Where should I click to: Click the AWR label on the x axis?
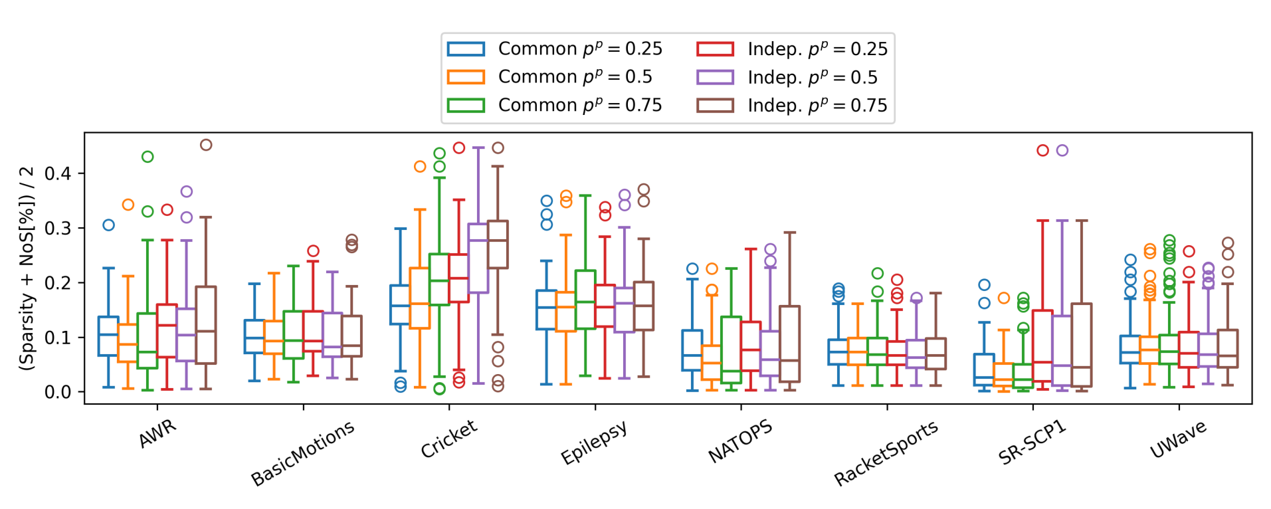[x=157, y=434]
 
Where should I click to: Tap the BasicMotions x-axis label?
[x=302, y=453]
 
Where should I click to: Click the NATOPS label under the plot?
[x=740, y=441]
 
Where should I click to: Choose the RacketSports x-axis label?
[x=886, y=453]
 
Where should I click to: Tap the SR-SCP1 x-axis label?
[x=1032, y=443]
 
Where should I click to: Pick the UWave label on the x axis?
[x=1178, y=439]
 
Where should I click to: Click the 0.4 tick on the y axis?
[x=57, y=173]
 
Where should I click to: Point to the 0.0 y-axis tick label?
[x=57, y=392]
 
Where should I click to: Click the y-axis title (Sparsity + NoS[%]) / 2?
[x=27, y=268]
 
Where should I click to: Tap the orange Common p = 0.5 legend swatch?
[x=466, y=77]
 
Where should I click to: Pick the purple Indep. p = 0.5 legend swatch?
[x=715, y=77]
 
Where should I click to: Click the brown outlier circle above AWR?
[x=206, y=145]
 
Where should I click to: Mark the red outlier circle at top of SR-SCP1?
[x=1042, y=150]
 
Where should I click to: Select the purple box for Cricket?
[x=478, y=258]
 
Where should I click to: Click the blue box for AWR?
[x=108, y=336]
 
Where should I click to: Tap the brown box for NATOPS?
[x=789, y=344]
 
